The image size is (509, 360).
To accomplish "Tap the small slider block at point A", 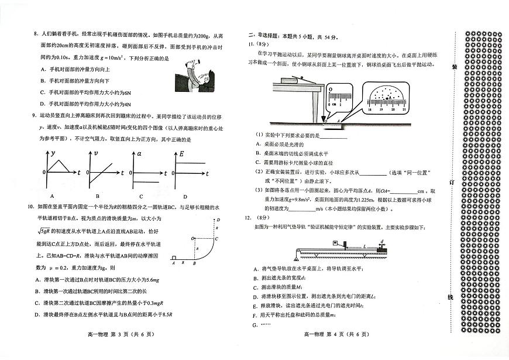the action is [173, 258].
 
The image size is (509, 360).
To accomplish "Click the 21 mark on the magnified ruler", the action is [404, 109].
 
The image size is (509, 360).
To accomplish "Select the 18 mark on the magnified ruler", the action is [370, 109].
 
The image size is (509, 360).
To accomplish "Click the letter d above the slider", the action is [381, 241].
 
